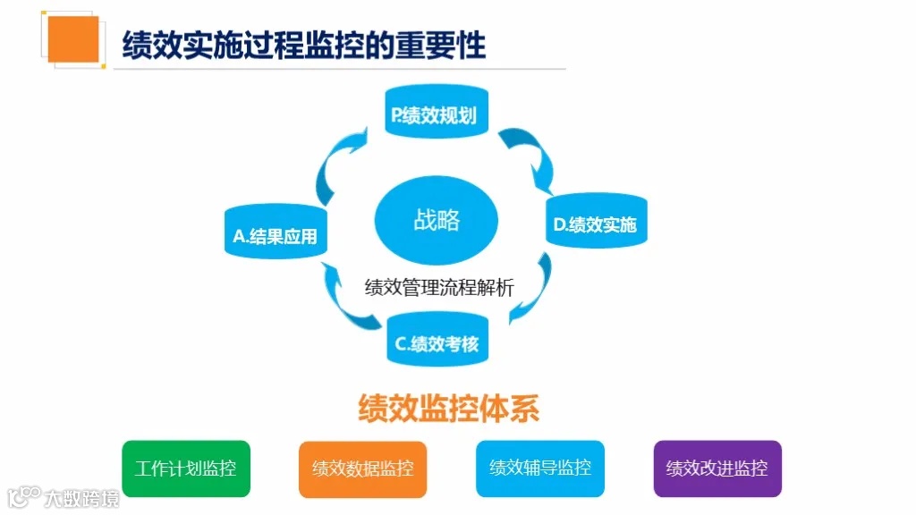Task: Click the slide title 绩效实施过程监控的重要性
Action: pos(304,43)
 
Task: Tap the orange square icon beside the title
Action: pos(73,38)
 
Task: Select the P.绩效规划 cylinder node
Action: pos(437,114)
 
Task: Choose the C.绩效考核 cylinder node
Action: pos(437,342)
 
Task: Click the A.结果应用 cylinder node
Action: pos(275,235)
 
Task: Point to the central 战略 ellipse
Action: pos(437,220)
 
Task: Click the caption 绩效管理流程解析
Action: pos(439,288)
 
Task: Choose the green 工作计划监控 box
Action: pos(186,469)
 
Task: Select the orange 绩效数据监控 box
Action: pos(362,469)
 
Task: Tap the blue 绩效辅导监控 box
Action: pos(540,468)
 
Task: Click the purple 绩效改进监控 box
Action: pos(717,469)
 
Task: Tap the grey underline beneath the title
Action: pos(340,69)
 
